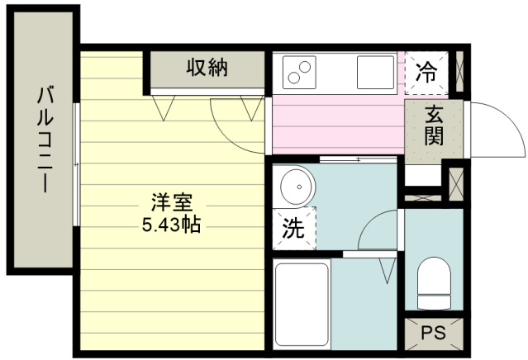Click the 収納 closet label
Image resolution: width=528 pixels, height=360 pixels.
coord(207,67)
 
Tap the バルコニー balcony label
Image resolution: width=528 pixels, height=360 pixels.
coord(45,139)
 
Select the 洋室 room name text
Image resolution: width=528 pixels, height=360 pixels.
coord(172,202)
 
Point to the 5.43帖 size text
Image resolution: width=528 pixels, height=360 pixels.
coord(172,225)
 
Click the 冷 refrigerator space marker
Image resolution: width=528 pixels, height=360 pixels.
coord(426,73)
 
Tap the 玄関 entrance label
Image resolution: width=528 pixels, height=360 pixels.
coord(434,125)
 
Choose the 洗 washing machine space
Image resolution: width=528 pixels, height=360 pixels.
coord(294,229)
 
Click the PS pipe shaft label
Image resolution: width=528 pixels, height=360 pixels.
coord(433,333)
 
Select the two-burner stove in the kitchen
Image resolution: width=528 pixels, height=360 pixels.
coord(299,73)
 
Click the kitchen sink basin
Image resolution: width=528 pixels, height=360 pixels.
coord(375,73)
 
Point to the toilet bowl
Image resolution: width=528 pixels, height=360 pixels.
coord(434,283)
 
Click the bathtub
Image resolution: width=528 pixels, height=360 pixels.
coord(302,305)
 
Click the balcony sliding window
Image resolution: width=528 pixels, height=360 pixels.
coord(77,164)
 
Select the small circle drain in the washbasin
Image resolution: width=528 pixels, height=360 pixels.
coord(299,187)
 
